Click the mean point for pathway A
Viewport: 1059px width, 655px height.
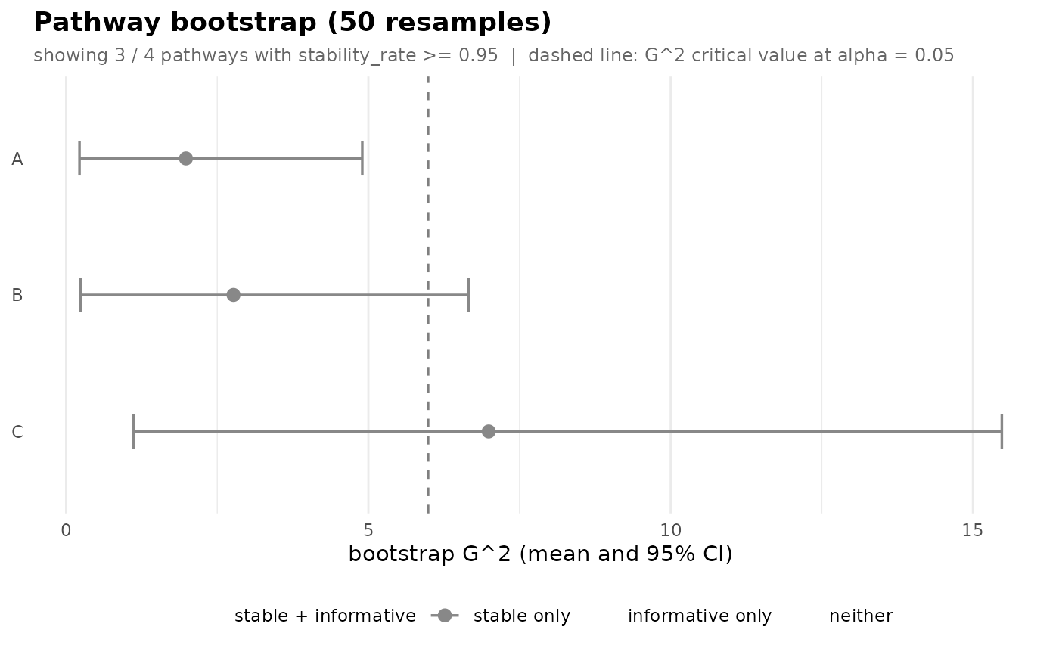tap(186, 158)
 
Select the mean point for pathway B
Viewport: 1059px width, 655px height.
tap(234, 295)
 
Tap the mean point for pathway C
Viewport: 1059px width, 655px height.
tap(489, 431)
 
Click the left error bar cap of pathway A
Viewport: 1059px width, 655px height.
tap(79, 158)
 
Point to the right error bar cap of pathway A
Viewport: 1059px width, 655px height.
tap(362, 158)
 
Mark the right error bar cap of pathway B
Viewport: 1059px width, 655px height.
tap(468, 295)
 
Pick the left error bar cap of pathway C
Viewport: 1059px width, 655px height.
tap(134, 431)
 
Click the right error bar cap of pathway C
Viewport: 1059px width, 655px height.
tap(1002, 431)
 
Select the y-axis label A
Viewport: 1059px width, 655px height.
tap(17, 159)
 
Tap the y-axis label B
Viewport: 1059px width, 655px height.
tap(17, 295)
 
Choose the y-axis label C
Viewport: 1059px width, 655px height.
tap(17, 431)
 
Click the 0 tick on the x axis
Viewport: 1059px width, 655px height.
tap(67, 531)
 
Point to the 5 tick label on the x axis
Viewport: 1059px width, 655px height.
tap(368, 531)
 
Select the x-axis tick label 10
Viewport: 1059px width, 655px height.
tap(670, 531)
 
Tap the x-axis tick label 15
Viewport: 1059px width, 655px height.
tap(973, 531)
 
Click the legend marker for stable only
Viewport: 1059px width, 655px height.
tap(445, 616)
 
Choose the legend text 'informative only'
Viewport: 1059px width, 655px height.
tap(700, 616)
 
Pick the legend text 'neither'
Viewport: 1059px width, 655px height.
tap(861, 616)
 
